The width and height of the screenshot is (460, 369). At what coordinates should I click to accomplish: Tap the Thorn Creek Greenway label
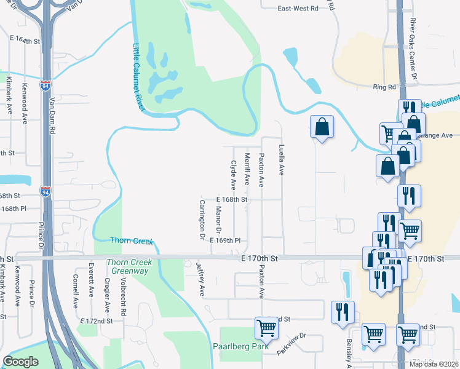click(x=129, y=266)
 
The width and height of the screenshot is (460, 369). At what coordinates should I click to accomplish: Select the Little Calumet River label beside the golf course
click(x=139, y=77)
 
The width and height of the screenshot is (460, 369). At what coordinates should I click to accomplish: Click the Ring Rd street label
click(x=384, y=88)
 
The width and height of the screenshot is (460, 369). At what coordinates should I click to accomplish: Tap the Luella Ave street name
click(x=282, y=160)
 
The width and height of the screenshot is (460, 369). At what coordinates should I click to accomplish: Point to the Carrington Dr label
click(x=200, y=218)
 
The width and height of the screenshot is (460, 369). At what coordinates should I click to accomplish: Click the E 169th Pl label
click(x=224, y=241)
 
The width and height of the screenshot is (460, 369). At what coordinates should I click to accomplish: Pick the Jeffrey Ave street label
click(x=200, y=279)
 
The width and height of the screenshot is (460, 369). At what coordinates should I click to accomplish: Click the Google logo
click(x=21, y=362)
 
